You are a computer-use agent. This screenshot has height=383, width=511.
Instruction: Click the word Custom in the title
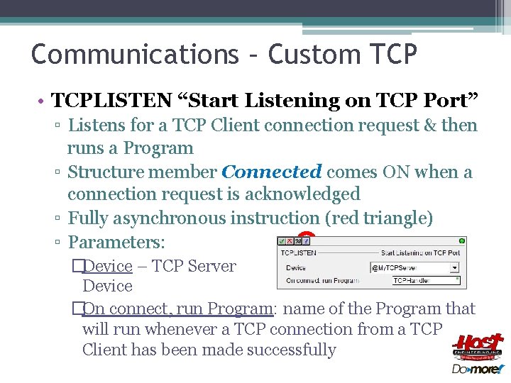pyautogui.click(x=309, y=54)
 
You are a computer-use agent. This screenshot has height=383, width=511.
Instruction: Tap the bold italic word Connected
pyautogui.click(x=272, y=172)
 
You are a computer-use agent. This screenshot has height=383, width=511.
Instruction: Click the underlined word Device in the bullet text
pyautogui.click(x=107, y=266)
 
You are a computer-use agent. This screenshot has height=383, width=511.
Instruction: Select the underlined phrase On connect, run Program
pyautogui.click(x=177, y=309)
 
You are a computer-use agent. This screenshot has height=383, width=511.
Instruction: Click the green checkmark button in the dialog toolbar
pyautogui.click(x=282, y=241)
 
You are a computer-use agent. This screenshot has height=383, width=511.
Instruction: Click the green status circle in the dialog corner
pyautogui.click(x=462, y=241)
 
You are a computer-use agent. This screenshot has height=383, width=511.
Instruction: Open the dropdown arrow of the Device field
pyautogui.click(x=455, y=268)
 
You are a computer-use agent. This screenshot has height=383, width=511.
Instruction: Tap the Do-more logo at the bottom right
pyautogui.click(x=477, y=369)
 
